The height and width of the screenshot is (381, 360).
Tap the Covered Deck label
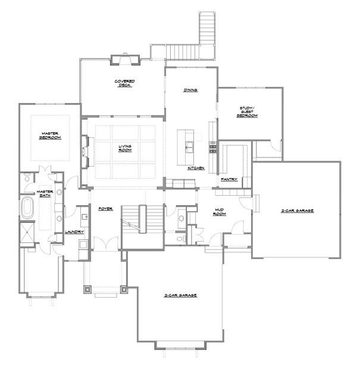click(125, 83)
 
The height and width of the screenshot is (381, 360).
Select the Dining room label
click(190, 90)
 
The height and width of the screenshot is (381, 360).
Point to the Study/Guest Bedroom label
click(247, 112)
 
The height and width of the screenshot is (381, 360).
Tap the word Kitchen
click(196, 168)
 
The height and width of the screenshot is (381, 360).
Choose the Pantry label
click(229, 179)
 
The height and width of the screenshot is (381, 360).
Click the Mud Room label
click(222, 213)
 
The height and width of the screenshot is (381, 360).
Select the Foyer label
click(106, 209)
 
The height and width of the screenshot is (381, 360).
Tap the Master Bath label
click(45, 194)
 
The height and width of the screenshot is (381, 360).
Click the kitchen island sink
click(190, 144)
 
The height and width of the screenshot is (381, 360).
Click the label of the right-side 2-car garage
click(298, 211)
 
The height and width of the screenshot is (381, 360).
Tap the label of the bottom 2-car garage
click(181, 295)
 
